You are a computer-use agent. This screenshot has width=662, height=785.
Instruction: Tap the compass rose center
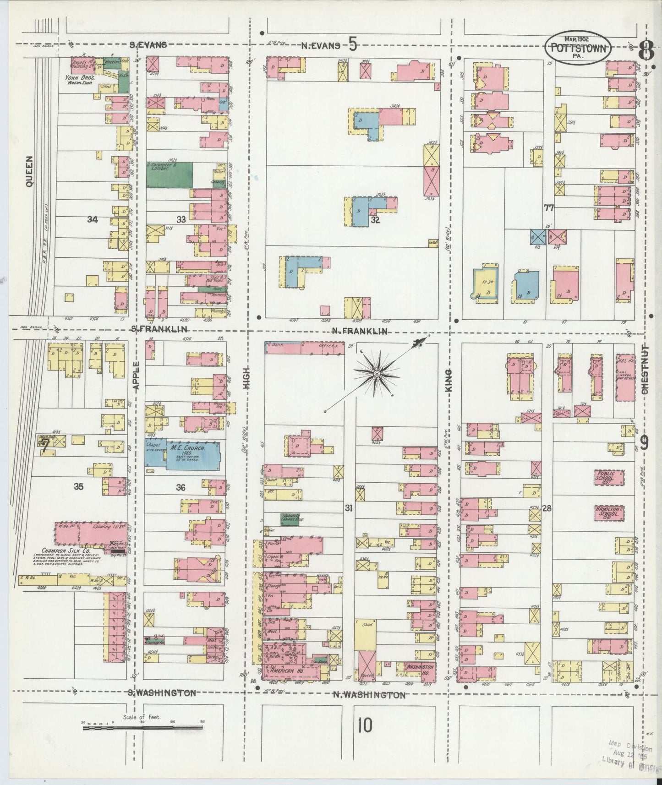pos(376,374)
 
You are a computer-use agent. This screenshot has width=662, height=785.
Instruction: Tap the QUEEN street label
pos(30,171)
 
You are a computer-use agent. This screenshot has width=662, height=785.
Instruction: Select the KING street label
pos(449,380)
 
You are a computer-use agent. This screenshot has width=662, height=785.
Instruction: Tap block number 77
pos(549,207)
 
